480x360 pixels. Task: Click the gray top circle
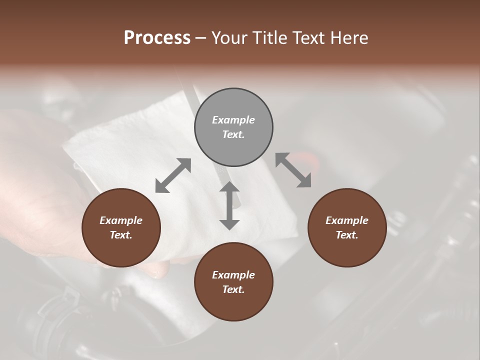pyautogui.click(x=233, y=127)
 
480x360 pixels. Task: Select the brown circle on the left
pyautogui.click(x=121, y=227)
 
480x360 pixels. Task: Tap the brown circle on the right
pyautogui.click(x=347, y=227)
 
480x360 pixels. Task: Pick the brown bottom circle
pyautogui.click(x=233, y=282)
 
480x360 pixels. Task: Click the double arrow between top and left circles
pyautogui.click(x=173, y=175)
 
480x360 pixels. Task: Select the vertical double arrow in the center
pyautogui.click(x=229, y=205)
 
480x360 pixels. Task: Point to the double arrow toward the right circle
pyautogui.click(x=293, y=170)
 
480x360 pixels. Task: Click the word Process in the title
pyautogui.click(x=157, y=37)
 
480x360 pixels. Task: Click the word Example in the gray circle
pyautogui.click(x=233, y=120)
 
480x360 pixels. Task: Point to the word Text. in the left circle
pyautogui.click(x=121, y=235)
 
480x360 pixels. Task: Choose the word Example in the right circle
pyautogui.click(x=347, y=220)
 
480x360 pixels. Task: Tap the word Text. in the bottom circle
pyautogui.click(x=233, y=289)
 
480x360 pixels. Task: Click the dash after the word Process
pyautogui.click(x=201, y=38)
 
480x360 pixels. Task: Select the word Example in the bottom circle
pyautogui.click(x=233, y=275)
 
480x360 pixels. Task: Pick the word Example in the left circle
pyautogui.click(x=121, y=220)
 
